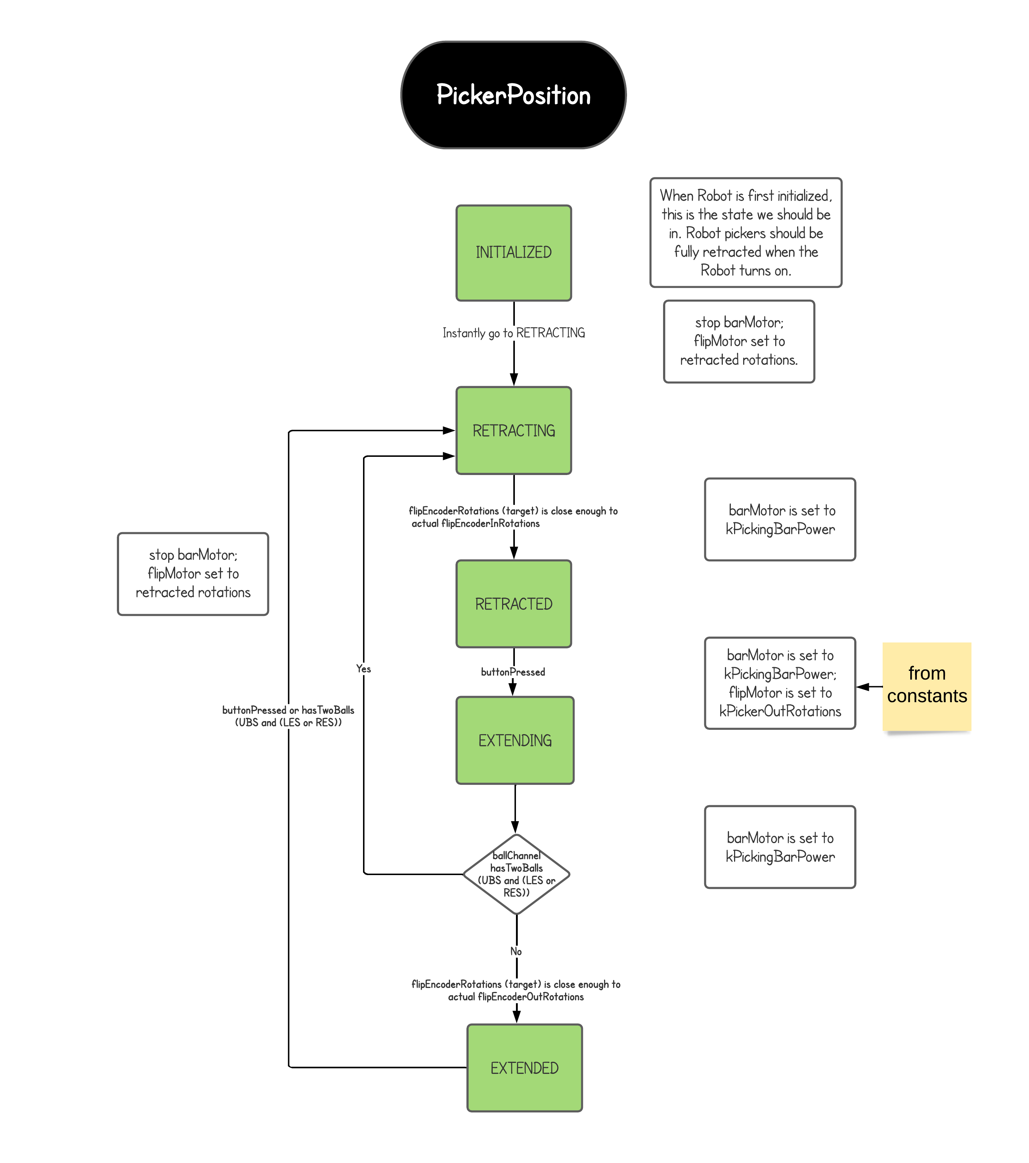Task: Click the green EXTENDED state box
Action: point(524,1067)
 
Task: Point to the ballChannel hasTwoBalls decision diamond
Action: point(516,874)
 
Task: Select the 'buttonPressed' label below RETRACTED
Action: point(512,672)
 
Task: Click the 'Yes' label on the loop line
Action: point(363,669)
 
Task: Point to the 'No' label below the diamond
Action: point(516,952)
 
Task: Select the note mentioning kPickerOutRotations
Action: point(779,683)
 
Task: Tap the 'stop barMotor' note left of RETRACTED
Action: point(193,574)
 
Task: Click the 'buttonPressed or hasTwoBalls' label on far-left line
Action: point(288,716)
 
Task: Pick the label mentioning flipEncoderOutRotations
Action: point(516,990)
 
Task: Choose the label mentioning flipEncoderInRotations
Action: point(512,517)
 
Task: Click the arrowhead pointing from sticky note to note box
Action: point(863,687)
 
